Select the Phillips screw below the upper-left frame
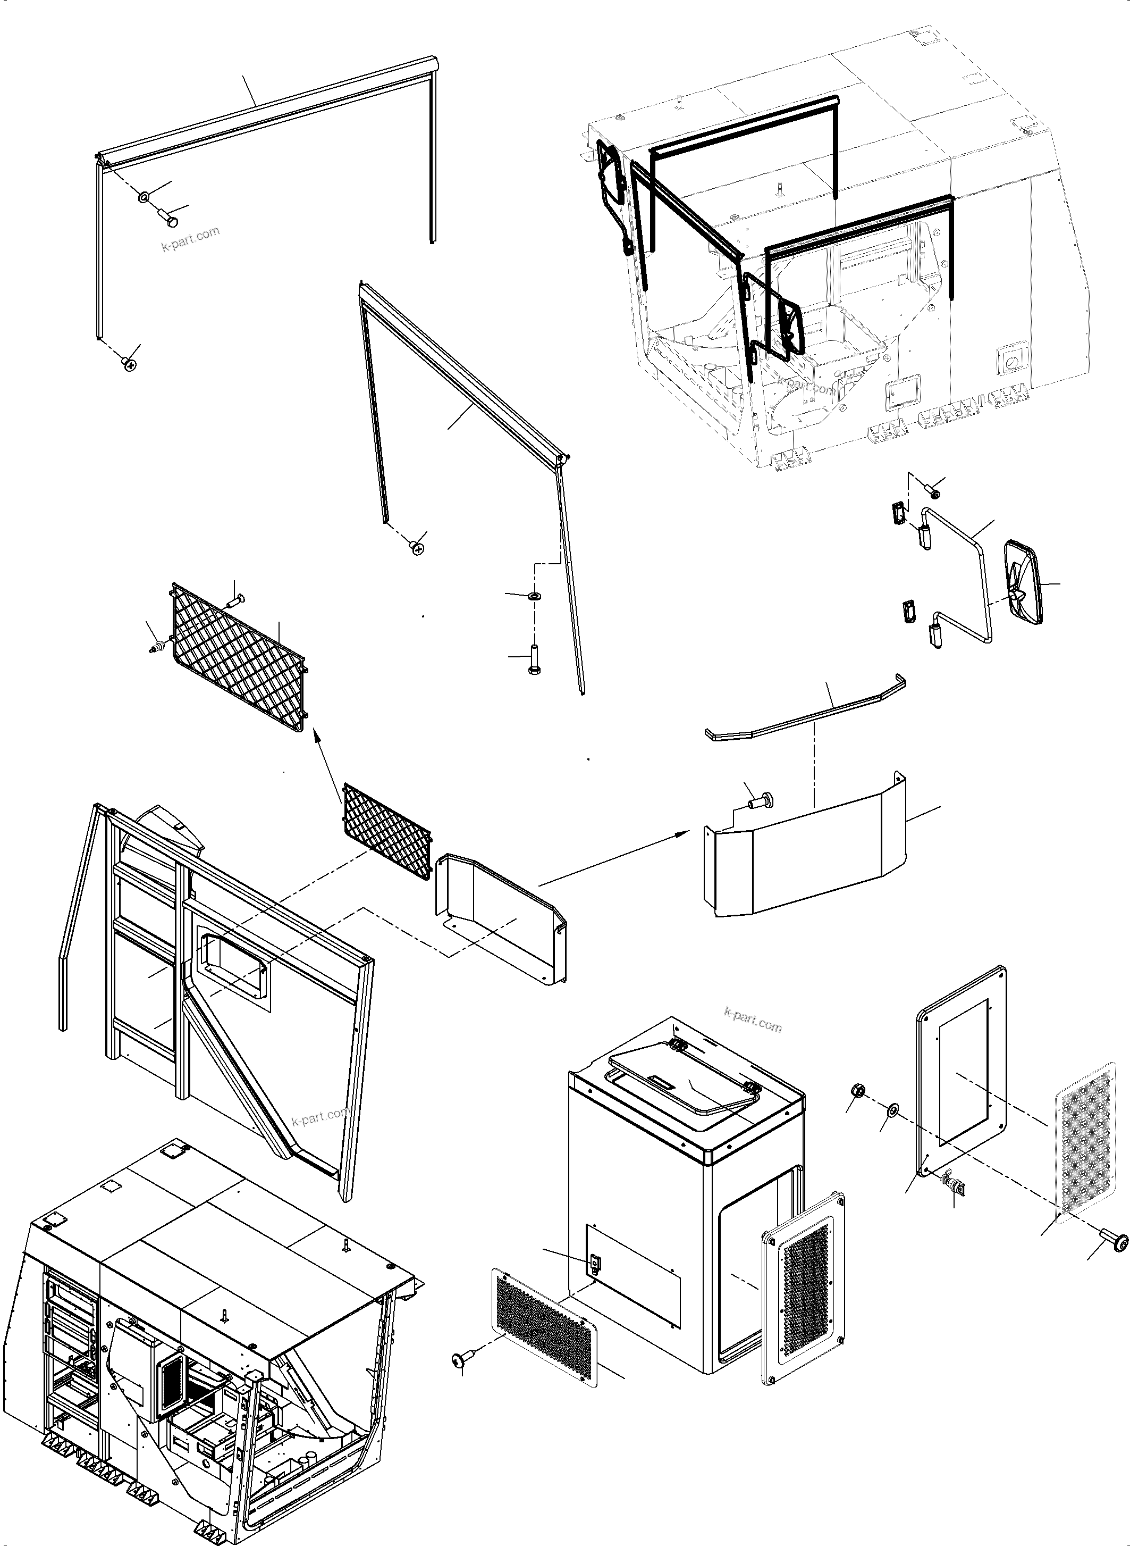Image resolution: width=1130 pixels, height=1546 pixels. point(129,365)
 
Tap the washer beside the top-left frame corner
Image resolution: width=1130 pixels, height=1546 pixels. point(145,197)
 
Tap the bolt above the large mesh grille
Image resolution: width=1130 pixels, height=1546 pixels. point(234,600)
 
